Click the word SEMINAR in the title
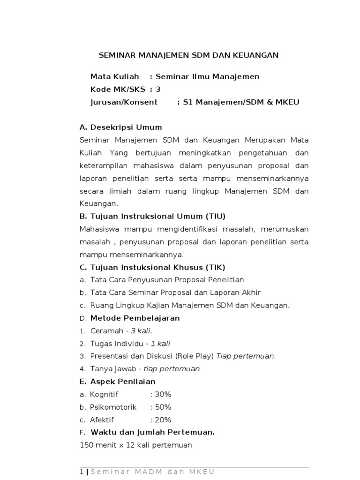tap(116, 55)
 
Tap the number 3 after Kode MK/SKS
tap(158, 89)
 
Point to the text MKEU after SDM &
tap(289, 102)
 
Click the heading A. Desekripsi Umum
tap(121, 127)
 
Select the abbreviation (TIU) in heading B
tap(212, 216)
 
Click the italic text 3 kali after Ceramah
tap(141, 331)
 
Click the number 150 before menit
tap(88, 445)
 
